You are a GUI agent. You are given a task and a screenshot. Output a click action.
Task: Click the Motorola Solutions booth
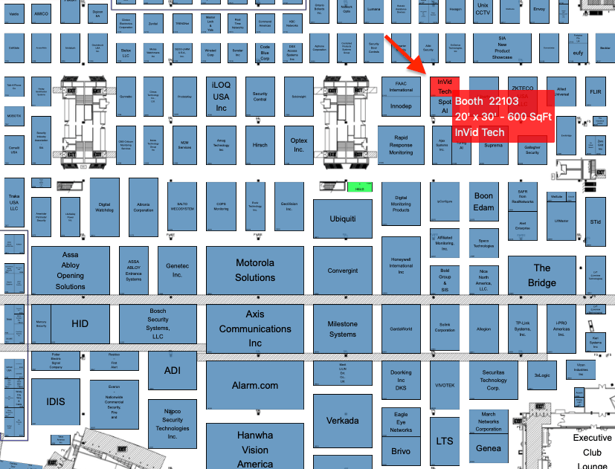pyautogui.click(x=255, y=270)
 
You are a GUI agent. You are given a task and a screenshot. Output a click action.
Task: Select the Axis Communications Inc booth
pyautogui.click(x=255, y=329)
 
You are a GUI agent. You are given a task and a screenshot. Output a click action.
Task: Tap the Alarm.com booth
pyautogui.click(x=255, y=385)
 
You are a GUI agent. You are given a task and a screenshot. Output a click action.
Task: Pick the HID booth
pyautogui.click(x=80, y=323)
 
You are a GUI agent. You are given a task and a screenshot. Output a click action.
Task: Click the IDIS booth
pyautogui.click(x=56, y=402)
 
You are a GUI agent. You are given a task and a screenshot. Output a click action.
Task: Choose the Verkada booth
pyautogui.click(x=342, y=420)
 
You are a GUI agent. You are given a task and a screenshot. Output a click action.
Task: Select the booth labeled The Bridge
pyautogui.click(x=541, y=275)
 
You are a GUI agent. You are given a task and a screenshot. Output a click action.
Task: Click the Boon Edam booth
pyautogui.click(x=483, y=201)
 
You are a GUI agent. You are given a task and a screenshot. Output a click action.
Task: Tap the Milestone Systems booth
pyautogui.click(x=342, y=329)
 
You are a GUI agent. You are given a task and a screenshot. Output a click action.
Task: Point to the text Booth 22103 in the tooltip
pyautogui.click(x=486, y=101)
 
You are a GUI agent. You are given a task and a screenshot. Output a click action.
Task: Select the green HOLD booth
pyautogui.click(x=359, y=189)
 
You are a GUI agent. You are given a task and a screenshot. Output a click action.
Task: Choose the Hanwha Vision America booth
pyautogui.click(x=255, y=447)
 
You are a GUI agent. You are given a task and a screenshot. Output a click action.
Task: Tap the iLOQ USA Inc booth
pyautogui.click(x=221, y=97)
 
